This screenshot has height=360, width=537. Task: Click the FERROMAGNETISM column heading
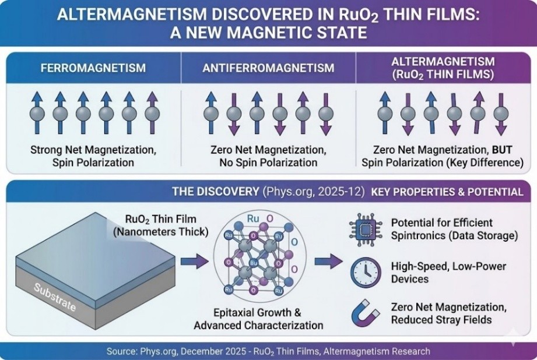tap(93, 68)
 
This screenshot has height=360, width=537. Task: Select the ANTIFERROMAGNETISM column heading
tap(269, 68)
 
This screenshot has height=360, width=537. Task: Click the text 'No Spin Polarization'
tap(269, 163)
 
